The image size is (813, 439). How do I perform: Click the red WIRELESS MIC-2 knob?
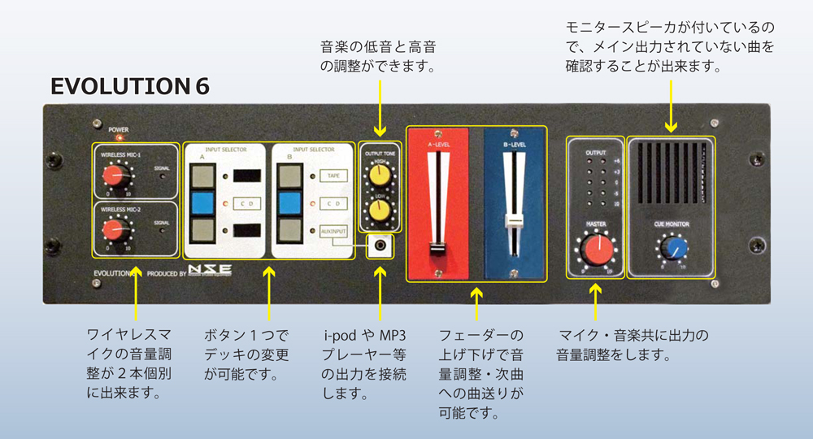pos(111,231)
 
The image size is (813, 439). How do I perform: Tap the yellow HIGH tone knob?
pos(377,174)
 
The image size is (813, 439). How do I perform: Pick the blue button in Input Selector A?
pos(204,203)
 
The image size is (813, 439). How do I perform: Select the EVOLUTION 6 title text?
pos(130,86)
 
